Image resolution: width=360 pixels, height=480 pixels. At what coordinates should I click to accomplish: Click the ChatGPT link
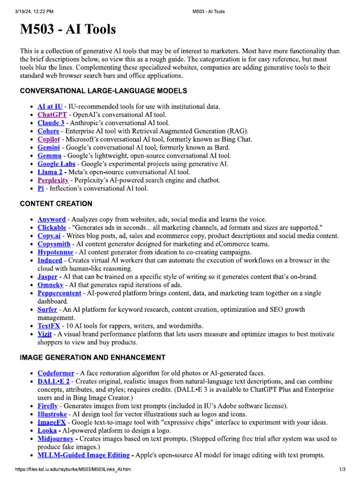52,115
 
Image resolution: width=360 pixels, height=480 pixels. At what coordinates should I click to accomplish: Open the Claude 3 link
51,123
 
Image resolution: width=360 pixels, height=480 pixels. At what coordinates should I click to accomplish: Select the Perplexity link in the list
53,180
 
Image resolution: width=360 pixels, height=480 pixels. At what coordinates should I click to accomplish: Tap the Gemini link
49,147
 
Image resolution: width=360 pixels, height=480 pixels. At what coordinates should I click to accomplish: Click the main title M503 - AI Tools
67,30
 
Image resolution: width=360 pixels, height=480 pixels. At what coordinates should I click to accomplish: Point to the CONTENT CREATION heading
56,204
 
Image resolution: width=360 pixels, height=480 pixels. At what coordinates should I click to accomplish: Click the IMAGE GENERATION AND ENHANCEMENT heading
92,357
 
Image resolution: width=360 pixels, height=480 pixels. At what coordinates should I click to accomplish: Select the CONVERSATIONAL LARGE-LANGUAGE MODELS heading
104,90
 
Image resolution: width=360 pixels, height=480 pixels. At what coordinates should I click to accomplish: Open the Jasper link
47,277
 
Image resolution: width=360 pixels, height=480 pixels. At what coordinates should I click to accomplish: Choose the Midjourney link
55,439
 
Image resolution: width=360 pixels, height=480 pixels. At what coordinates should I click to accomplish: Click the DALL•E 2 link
53,382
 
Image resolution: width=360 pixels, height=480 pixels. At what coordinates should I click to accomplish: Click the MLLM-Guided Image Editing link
83,455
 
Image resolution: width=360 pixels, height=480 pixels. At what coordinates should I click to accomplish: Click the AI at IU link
50,106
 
